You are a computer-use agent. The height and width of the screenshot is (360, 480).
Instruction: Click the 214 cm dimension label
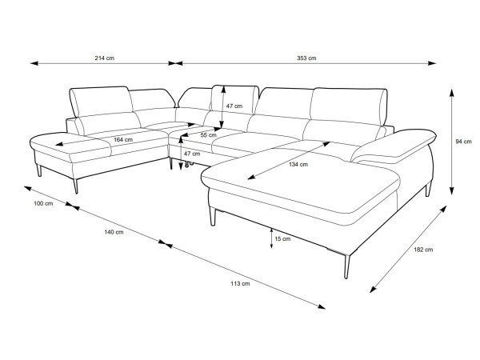click(104, 58)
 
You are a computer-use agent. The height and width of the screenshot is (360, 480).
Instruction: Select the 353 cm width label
click(306, 58)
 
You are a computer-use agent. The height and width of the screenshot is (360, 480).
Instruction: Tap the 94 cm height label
click(463, 142)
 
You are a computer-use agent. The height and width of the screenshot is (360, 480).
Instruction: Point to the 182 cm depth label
click(423, 250)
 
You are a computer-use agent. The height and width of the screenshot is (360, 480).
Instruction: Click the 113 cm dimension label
click(240, 283)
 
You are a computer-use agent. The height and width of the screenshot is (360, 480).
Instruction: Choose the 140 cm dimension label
click(114, 232)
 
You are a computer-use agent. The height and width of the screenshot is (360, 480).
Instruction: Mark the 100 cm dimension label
click(43, 203)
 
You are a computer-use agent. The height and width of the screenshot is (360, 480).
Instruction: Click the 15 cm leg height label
click(282, 238)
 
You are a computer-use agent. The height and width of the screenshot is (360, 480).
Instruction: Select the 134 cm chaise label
click(298, 164)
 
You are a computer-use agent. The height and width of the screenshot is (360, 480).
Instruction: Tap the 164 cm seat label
click(123, 140)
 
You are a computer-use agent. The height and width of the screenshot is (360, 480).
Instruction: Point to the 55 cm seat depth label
click(209, 135)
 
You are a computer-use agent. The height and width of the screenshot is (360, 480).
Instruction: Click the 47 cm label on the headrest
click(234, 106)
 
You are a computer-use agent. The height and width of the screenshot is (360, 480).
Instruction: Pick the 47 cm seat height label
click(192, 154)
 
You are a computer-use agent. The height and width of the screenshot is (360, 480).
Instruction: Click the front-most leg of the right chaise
click(346, 266)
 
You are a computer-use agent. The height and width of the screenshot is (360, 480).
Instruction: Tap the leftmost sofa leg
click(38, 170)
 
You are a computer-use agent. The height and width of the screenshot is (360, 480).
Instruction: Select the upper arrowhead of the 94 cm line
click(451, 93)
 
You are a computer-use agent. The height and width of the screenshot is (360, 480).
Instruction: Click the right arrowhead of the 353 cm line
click(432, 63)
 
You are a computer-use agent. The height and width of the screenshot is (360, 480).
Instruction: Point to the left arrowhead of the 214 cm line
click(34, 63)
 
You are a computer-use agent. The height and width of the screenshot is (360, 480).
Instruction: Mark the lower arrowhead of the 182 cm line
click(374, 289)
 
